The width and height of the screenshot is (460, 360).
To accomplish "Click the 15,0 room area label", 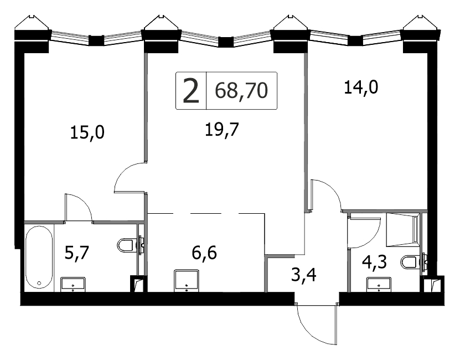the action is (x=87, y=133).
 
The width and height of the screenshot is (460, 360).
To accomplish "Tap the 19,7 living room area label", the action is (x=222, y=129).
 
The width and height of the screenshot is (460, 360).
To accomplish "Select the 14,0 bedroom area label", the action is (x=361, y=87).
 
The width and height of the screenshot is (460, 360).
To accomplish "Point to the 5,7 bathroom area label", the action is (x=76, y=253).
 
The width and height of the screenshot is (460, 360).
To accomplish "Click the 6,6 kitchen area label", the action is (x=204, y=253).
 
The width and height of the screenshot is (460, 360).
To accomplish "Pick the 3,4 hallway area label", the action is (x=304, y=275).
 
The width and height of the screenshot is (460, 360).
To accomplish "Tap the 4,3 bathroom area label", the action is (x=375, y=261).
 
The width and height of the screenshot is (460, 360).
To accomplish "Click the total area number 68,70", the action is (x=241, y=90).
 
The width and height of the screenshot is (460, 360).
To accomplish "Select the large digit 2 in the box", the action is (x=190, y=91).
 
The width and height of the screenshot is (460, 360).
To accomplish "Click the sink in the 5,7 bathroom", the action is (x=73, y=284).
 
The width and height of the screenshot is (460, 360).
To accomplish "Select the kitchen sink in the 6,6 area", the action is (x=187, y=281).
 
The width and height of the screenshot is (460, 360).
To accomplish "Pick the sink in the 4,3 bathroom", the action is (x=379, y=285).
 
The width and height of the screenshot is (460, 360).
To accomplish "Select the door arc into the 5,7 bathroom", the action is (x=83, y=203).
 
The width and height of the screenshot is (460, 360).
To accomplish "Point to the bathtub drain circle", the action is (x=39, y=284).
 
